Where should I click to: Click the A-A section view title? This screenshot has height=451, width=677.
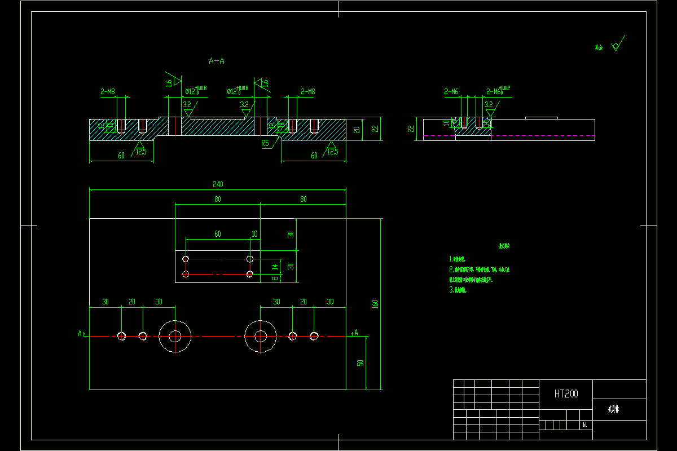(x=217, y=60)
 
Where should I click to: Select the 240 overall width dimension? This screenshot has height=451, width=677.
(x=218, y=184)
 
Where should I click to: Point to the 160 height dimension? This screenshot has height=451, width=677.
(x=375, y=304)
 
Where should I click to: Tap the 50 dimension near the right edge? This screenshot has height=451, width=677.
(x=360, y=363)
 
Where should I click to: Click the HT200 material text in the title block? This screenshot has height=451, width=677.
(x=566, y=394)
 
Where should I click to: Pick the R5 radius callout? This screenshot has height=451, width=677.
(x=265, y=143)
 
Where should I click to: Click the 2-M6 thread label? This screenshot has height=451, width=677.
(x=451, y=91)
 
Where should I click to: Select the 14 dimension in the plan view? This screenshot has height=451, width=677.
(x=275, y=266)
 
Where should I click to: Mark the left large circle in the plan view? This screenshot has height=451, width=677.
(x=175, y=336)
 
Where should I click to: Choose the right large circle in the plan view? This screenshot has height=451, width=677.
(x=260, y=336)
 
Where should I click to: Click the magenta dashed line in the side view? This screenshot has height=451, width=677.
(x=508, y=136)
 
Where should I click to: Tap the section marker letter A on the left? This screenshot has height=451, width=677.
(x=80, y=333)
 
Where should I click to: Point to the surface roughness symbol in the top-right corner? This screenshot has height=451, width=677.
(x=616, y=44)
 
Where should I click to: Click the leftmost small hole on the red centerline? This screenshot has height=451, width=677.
(x=121, y=336)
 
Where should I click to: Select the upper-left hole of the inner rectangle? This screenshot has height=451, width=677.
(x=186, y=259)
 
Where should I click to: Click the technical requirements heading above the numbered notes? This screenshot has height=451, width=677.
(x=504, y=246)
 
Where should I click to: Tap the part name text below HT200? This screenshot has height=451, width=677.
(x=613, y=409)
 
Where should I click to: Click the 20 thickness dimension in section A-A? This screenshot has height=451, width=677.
(x=357, y=130)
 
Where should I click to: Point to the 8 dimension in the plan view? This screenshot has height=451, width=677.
(x=275, y=278)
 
